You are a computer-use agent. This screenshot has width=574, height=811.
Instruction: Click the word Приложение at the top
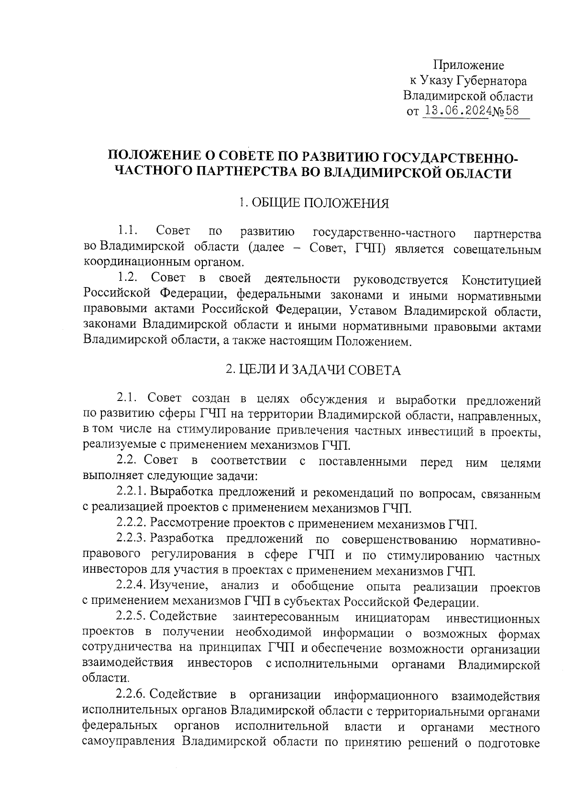(468, 65)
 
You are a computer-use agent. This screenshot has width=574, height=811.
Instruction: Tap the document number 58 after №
(512, 111)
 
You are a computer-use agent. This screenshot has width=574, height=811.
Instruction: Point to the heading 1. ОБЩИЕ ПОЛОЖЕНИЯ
(314, 203)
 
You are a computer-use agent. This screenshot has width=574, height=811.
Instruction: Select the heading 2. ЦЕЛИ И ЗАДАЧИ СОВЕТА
(313, 370)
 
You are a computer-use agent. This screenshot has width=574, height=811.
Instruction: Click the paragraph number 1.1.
(128, 232)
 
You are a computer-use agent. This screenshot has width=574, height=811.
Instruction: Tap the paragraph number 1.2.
(128, 278)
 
